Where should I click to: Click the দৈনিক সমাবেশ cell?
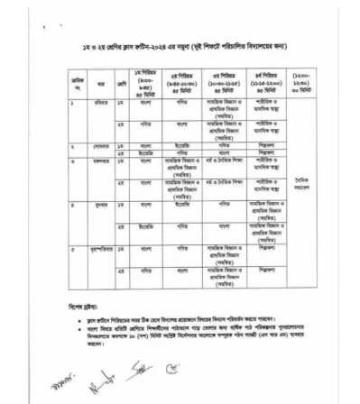(301, 182)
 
